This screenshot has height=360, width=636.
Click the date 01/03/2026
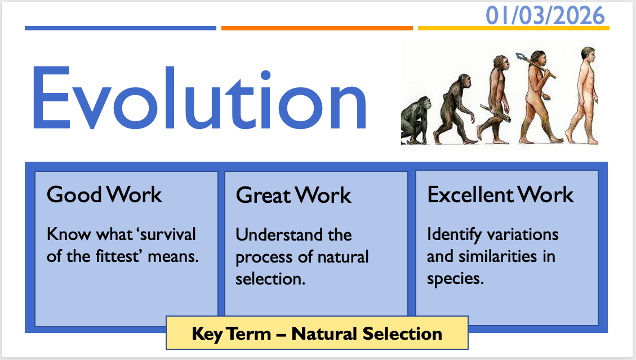pyautogui.click(x=545, y=16)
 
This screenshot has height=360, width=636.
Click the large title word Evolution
pyautogui.click(x=199, y=98)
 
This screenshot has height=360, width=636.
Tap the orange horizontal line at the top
pyautogui.click(x=317, y=28)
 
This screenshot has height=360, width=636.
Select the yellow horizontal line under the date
pyautogui.click(x=514, y=28)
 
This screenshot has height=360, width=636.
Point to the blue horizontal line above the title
pyautogui.click(x=121, y=28)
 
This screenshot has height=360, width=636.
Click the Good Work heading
pyautogui.click(x=104, y=194)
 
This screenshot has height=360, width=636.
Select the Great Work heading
pyautogui.click(x=293, y=195)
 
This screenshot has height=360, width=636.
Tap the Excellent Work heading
pyautogui.click(x=501, y=195)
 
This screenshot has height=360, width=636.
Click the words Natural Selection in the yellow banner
pyautogui.click(x=367, y=334)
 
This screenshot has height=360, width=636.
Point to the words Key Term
pyautogui.click(x=231, y=334)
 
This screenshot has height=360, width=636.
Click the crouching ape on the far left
pyautogui.click(x=415, y=121)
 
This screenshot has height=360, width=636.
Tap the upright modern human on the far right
pyautogui.click(x=582, y=95)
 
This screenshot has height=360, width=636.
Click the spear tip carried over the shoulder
pyautogui.click(x=521, y=56)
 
